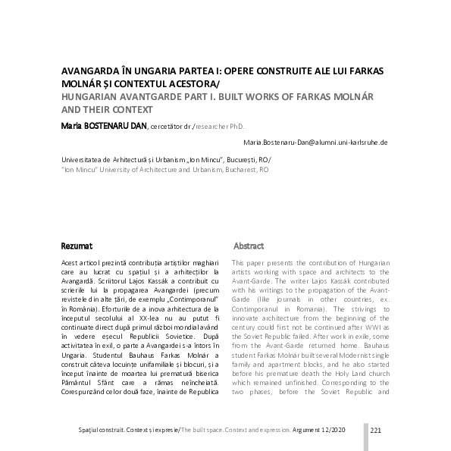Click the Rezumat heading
(77, 246)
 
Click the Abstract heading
(249, 246)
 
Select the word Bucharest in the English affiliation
(233, 171)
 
